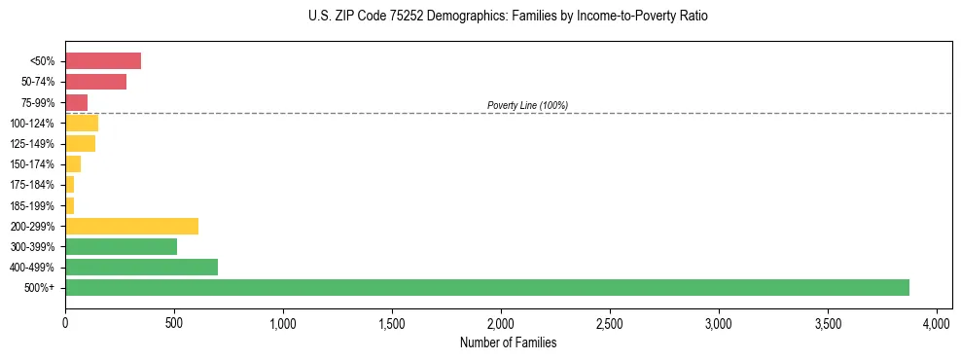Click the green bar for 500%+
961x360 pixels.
coord(486,287)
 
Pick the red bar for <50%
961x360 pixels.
coord(103,61)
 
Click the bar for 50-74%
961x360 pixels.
coord(95,82)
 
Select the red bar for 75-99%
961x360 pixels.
coord(77,102)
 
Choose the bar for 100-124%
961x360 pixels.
coord(82,123)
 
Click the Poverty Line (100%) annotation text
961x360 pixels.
coord(527,105)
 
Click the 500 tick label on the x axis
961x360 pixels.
coord(174,322)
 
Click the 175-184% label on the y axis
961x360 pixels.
coord(33,185)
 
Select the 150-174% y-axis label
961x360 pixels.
coord(33,164)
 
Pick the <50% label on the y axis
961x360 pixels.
coord(43,61)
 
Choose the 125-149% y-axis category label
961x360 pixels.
coord(33,144)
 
